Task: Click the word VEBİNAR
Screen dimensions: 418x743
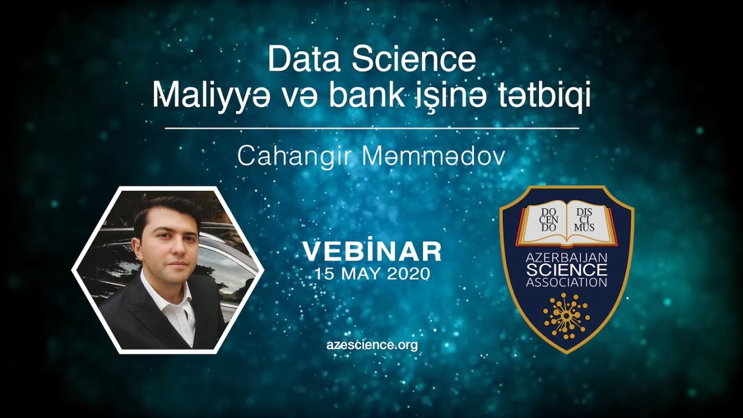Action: (x=372, y=251)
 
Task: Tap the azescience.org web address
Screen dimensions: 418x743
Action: (x=372, y=344)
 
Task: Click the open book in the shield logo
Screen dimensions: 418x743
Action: (x=567, y=222)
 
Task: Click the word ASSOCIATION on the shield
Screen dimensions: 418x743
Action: (x=567, y=283)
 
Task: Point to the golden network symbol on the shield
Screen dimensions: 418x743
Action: (x=566, y=315)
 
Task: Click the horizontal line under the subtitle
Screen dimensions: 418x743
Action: (x=372, y=128)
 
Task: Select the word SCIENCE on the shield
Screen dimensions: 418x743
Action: (x=567, y=271)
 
